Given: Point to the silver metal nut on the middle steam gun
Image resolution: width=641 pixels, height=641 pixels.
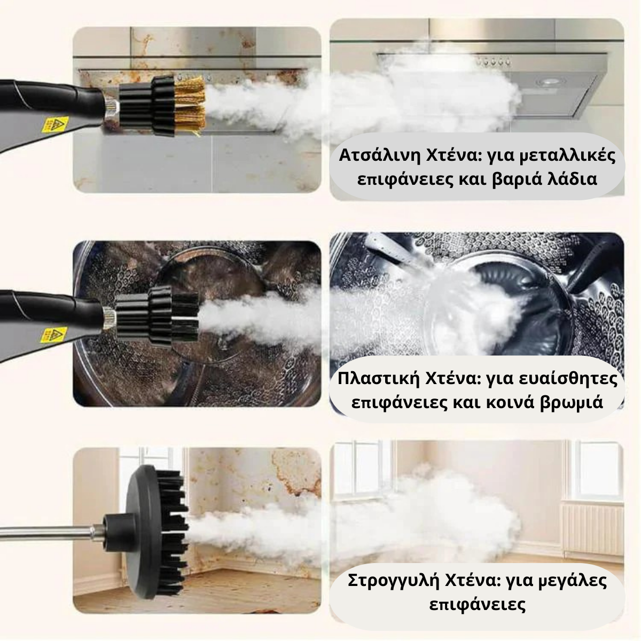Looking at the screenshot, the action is tap(108, 319).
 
